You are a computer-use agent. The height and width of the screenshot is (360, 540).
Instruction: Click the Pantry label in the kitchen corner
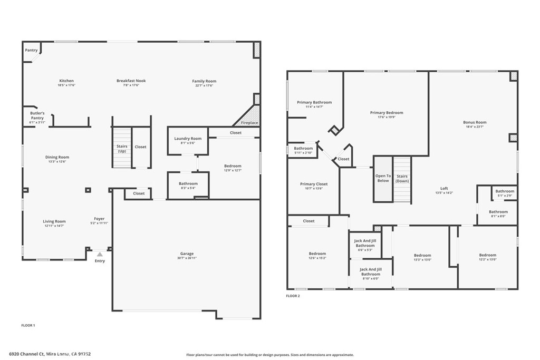(x=31, y=50)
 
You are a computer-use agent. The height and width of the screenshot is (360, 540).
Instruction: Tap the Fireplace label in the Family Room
(x=249, y=123)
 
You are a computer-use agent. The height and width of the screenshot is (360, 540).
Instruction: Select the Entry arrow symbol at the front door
(x=100, y=254)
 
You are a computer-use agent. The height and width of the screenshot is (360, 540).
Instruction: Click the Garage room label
(x=187, y=254)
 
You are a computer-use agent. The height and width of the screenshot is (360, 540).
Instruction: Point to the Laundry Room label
(x=188, y=139)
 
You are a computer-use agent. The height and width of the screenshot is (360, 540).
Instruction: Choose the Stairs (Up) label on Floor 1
(x=122, y=149)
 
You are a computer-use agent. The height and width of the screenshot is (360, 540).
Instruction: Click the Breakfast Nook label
(x=131, y=81)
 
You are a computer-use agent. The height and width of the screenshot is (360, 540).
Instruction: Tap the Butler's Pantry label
(x=37, y=115)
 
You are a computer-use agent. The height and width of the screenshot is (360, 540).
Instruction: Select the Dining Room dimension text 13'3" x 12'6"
(x=57, y=161)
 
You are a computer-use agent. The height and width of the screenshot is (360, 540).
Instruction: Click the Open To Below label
(x=383, y=178)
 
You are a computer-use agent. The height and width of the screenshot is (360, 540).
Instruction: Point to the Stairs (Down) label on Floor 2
(x=402, y=178)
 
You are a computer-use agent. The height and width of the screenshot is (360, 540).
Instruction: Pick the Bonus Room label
(x=475, y=122)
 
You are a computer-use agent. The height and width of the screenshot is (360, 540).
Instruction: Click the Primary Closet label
(x=314, y=184)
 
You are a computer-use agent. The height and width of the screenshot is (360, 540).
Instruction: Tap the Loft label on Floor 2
(x=444, y=188)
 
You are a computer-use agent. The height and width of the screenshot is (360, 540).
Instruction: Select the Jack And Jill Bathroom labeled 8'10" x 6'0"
(x=370, y=271)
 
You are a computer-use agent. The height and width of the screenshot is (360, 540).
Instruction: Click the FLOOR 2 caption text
(x=293, y=296)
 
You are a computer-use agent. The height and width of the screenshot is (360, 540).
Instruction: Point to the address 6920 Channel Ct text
(x=26, y=354)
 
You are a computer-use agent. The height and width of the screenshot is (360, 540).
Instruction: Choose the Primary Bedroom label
(x=386, y=112)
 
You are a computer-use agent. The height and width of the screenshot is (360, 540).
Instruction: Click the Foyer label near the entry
(x=99, y=218)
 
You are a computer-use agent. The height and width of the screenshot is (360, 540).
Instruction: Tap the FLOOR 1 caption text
(x=28, y=326)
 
